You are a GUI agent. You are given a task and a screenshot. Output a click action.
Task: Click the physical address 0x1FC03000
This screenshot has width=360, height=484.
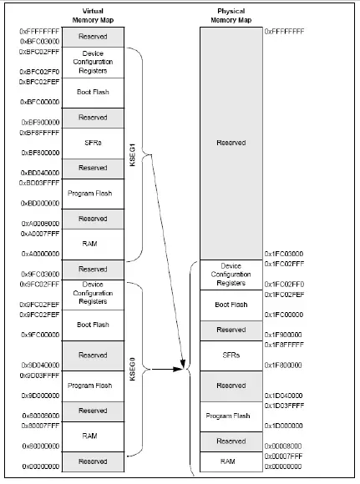(x=284, y=253)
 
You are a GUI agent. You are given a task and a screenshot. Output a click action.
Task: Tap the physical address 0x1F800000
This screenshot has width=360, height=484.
(x=284, y=365)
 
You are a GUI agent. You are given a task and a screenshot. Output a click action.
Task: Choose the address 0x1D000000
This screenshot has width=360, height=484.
(x=284, y=426)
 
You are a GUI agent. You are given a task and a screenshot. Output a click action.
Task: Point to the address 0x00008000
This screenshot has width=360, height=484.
(x=284, y=446)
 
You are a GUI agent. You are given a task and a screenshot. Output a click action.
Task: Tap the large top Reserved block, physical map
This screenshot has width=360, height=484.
(x=231, y=143)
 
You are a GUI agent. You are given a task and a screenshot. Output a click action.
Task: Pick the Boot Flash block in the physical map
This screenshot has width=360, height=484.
(x=231, y=305)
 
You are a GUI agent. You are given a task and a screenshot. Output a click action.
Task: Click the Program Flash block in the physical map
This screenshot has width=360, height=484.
(x=231, y=415)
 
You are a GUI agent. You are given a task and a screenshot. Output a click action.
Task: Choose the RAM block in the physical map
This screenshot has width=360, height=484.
(x=231, y=460)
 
